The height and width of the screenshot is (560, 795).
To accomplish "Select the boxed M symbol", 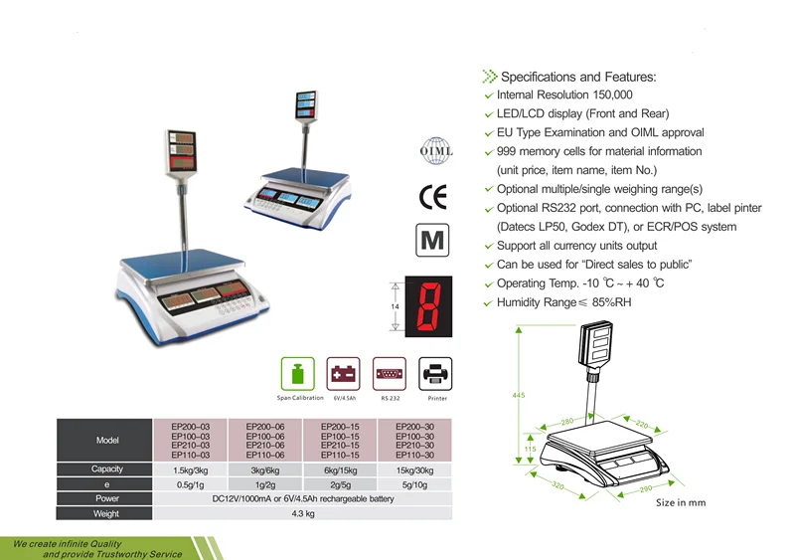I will pyautogui.click(x=434, y=242).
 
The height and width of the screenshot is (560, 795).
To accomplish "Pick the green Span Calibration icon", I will pyautogui.click(x=299, y=375).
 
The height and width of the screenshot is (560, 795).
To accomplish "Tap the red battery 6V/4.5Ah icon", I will pyautogui.click(x=344, y=375).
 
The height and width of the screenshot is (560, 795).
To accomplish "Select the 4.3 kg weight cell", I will pyautogui.click(x=303, y=513).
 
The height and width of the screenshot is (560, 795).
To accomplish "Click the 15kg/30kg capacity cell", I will pyautogui.click(x=414, y=468).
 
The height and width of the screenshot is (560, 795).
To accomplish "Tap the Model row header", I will pyautogui.click(x=106, y=440).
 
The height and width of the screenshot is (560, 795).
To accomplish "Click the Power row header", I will pyautogui.click(x=106, y=498).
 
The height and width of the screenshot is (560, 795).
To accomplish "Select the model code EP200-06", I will pyautogui.click(x=265, y=426).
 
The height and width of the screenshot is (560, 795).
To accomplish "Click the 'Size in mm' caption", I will pyautogui.click(x=681, y=503).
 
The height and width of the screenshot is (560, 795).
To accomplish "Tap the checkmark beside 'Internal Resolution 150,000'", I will pyautogui.click(x=487, y=95).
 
